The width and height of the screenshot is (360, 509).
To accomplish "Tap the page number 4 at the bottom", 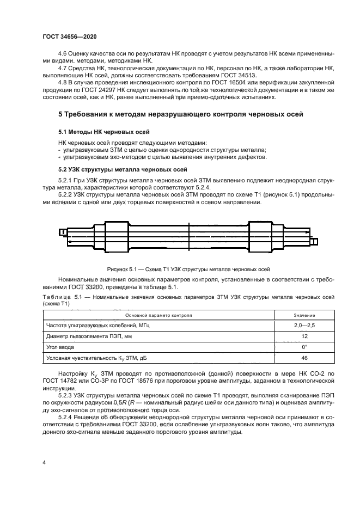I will pos(44,462).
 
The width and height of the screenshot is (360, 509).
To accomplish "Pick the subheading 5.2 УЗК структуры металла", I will pos(123,169).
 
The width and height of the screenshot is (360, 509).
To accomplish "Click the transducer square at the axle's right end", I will pos(314,241).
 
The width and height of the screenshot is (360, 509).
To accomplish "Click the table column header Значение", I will pos(304,315).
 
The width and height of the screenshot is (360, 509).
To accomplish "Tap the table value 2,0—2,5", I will pos(304,325).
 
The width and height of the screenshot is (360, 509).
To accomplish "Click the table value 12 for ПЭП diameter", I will pos(304,337).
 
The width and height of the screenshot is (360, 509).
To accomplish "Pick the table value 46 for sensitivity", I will pos(304,359).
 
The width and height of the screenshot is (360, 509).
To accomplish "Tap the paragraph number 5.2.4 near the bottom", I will pos(66,413).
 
